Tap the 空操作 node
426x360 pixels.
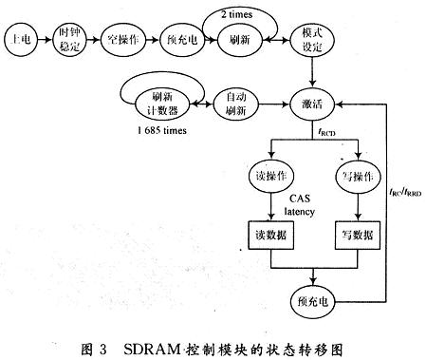125,43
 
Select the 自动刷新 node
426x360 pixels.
233,100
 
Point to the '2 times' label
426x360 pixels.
237,14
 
